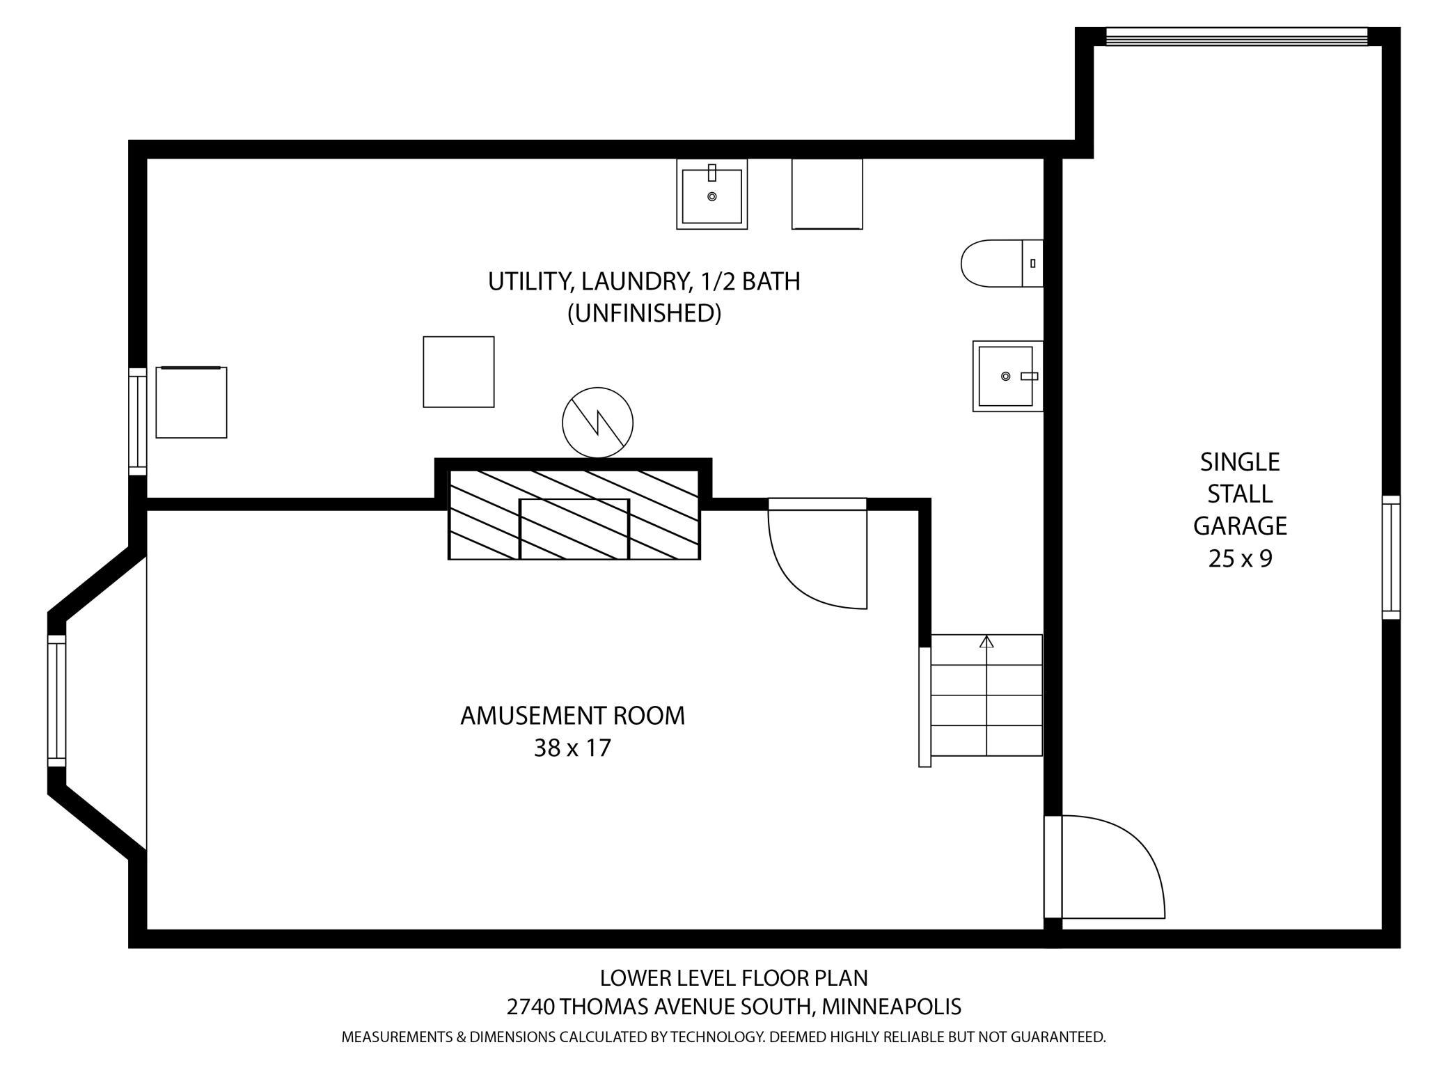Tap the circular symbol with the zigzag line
tap(597, 423)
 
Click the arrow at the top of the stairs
tap(986, 642)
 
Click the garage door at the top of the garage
tap(1236, 37)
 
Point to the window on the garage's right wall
tap(1390, 557)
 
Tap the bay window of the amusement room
tap(56, 700)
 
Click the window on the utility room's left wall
tap(138, 422)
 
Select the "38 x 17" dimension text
tap(572, 748)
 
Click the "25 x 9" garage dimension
tap(1240, 558)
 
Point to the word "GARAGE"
tap(1240, 526)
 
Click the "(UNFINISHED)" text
tap(644, 313)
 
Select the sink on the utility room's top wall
tap(711, 194)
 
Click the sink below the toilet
tap(1007, 376)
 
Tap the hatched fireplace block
tap(574, 514)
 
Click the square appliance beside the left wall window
tap(191, 402)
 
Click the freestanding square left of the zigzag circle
tap(459, 372)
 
